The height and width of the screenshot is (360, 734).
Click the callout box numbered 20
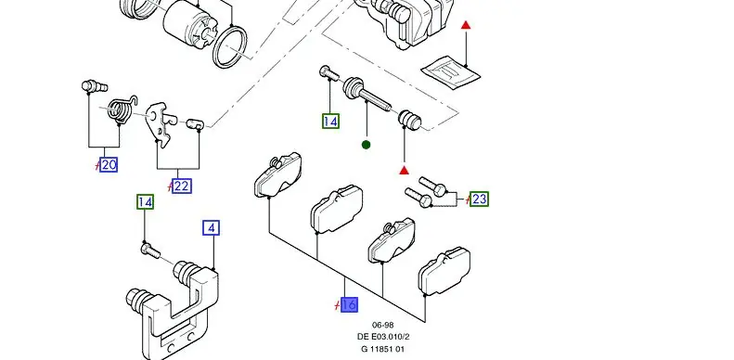click(x=109, y=165)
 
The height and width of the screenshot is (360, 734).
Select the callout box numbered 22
click(x=182, y=186)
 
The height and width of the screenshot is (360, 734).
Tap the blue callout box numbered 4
click(x=212, y=228)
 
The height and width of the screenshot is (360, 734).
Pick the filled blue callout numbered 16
click(x=349, y=305)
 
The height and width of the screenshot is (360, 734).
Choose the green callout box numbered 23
click(x=479, y=199)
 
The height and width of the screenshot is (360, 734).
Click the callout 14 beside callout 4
click(x=145, y=202)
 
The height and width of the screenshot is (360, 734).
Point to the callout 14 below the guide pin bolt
click(x=330, y=122)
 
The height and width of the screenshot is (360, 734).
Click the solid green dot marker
click(x=366, y=145)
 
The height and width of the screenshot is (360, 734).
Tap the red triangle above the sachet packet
click(x=466, y=25)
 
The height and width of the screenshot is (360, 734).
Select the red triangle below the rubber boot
click(x=405, y=171)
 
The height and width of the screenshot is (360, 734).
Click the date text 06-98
click(x=382, y=326)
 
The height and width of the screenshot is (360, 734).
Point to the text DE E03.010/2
click(x=383, y=337)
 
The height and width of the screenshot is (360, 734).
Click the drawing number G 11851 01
click(x=382, y=349)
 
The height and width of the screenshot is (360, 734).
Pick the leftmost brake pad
click(x=278, y=174)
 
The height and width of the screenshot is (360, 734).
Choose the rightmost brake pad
click(x=444, y=272)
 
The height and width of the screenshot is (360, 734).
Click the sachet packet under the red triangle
click(x=450, y=71)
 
